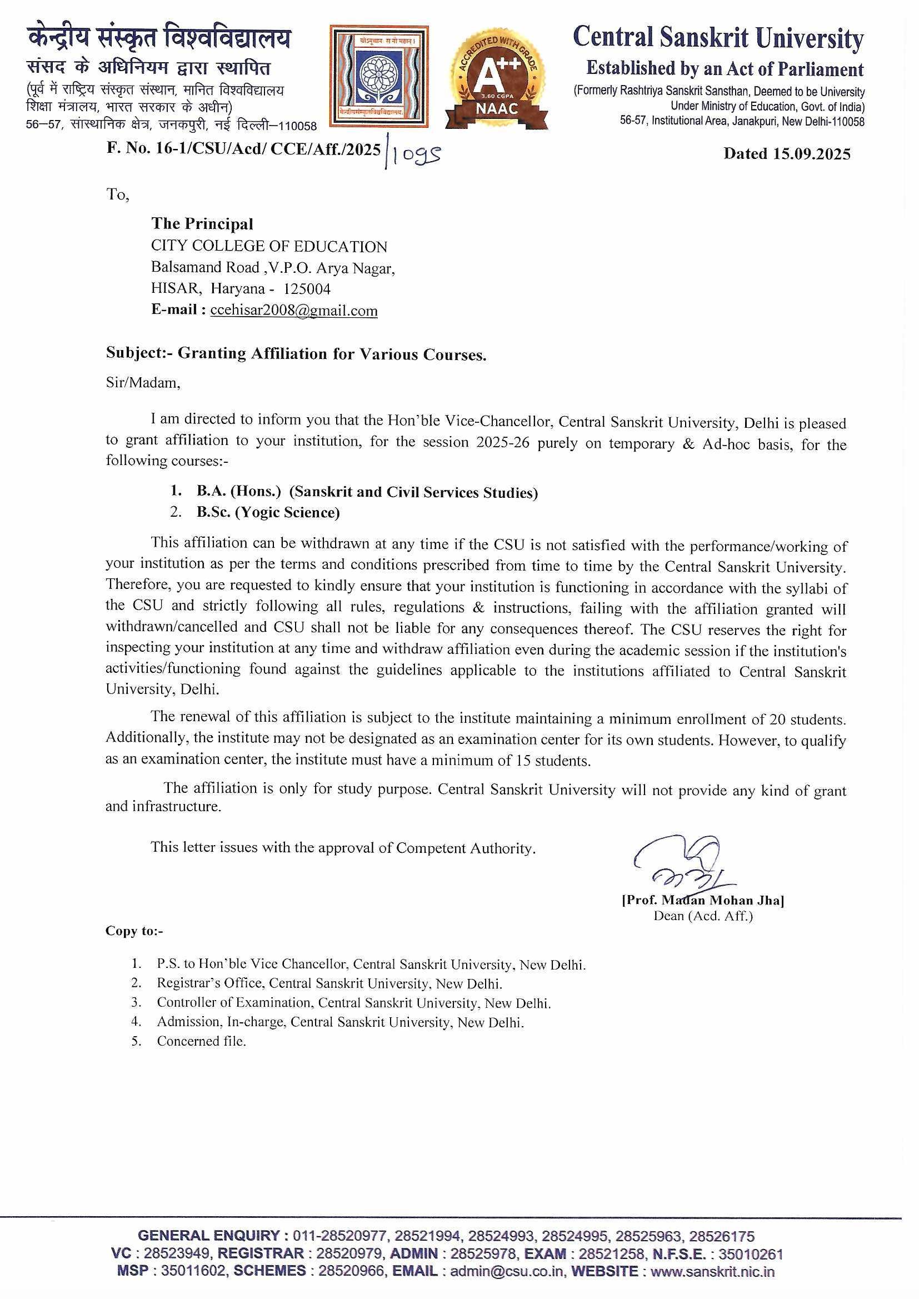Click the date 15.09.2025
click(811, 154)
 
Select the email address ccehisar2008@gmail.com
click(294, 311)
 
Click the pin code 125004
click(307, 289)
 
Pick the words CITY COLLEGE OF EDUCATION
click(269, 247)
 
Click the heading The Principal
click(202, 224)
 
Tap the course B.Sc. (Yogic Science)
click(268, 513)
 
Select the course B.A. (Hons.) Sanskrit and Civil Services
click(367, 492)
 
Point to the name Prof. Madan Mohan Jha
click(702, 900)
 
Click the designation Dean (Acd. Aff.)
click(703, 916)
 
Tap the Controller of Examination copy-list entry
click(354, 1003)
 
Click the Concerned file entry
click(202, 1041)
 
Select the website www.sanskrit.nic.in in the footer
click(712, 1271)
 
